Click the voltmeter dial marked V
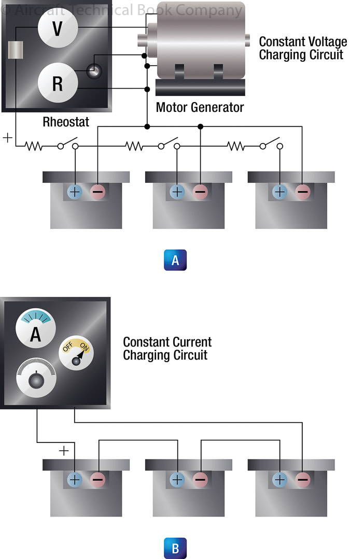tap(58, 29)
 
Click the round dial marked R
tap(58, 83)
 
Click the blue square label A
tap(175, 260)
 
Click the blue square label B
tap(175, 548)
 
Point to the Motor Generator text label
tap(200, 108)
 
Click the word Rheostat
tap(66, 122)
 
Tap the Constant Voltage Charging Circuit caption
tap(303, 48)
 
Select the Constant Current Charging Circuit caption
tap(167, 349)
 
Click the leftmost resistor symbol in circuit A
tap(34, 147)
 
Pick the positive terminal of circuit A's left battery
tap(75, 192)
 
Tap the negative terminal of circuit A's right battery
tap(302, 192)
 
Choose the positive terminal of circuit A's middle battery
tap(177, 192)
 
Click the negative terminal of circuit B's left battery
tap(97, 480)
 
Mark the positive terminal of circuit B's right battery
tap(280, 480)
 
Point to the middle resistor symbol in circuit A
tap(134, 147)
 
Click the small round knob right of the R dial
tap(94, 70)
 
